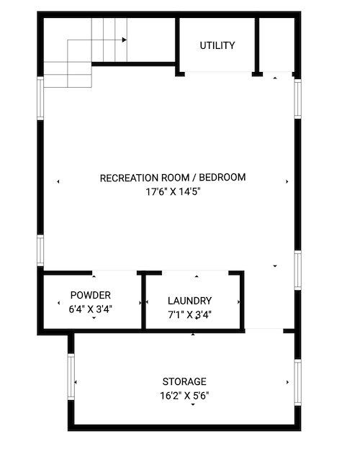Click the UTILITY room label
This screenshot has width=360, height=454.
point(217,45)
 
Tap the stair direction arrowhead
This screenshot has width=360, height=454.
point(125,40)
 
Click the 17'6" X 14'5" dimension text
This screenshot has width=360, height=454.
point(173,191)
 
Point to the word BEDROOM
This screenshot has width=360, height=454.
point(222,177)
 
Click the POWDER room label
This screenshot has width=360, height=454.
point(91,295)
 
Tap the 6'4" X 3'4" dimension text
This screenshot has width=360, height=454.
point(91,309)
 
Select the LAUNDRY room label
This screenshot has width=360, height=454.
point(189,301)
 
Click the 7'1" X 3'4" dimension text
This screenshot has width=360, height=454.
point(189,314)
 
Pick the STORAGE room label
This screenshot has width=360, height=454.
point(184,381)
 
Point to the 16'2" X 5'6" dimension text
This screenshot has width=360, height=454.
point(184,395)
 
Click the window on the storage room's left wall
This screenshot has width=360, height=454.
point(71,377)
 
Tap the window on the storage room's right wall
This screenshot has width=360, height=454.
point(297,382)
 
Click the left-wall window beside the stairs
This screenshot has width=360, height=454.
point(40,98)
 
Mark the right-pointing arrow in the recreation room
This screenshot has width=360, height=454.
point(287,181)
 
